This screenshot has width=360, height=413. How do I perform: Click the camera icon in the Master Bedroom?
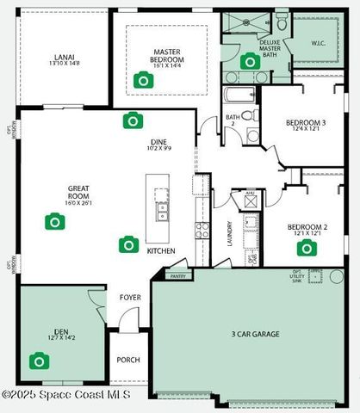coord(143,81)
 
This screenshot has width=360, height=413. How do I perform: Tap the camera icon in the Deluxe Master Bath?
coord(250,61)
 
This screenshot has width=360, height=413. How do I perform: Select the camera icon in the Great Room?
coord(54,222)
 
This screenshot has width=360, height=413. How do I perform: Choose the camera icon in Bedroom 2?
coord(305,249)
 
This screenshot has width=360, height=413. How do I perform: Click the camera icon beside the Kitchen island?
coord(128,244)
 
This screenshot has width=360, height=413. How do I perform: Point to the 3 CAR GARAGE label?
coord(255,333)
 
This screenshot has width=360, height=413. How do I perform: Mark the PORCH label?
coord(128,360)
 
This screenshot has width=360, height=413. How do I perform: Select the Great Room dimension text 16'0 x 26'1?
coord(54,203)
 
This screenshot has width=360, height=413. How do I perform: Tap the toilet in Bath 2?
coord(249,114)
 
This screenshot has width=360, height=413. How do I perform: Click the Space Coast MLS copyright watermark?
coord(66,395)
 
